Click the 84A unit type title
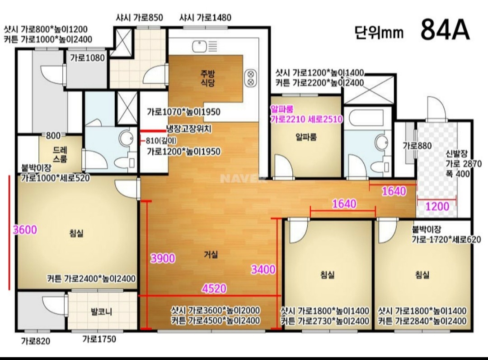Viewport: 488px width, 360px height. point(445,30)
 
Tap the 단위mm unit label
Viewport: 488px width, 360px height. point(379,33)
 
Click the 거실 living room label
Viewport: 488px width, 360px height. point(211,255)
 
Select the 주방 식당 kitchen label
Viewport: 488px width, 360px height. point(207,78)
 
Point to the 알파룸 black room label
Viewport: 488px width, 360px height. point(306,137)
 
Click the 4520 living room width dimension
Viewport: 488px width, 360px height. point(214,289)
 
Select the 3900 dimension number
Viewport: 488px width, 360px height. point(163,258)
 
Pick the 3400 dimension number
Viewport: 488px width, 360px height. point(263,269)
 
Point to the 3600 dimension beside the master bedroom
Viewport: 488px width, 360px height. point(25,230)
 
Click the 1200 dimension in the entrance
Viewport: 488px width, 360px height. point(437,206)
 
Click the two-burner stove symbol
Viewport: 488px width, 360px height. point(250,78)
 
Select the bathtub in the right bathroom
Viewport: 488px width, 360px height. point(367,118)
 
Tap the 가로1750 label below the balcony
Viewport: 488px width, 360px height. point(99,339)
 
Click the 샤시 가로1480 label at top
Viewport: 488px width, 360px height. point(205,18)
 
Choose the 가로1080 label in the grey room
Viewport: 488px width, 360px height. point(88,57)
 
